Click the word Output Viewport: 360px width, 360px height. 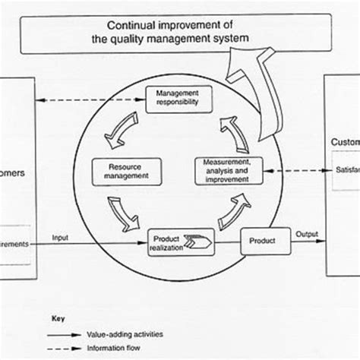pos(307,234)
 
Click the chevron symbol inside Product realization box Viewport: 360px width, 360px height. pos(200,242)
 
